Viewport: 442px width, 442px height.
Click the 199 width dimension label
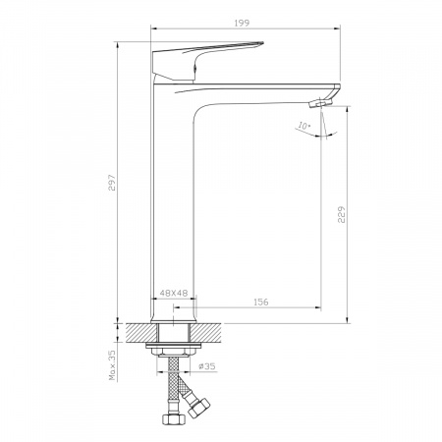click(242, 23)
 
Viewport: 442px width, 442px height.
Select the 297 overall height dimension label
click(112, 183)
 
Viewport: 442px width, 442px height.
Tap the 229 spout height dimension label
click(342, 214)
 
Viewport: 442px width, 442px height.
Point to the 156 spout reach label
click(261, 302)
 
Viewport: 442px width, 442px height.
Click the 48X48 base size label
click(174, 293)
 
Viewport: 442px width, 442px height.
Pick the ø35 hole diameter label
click(207, 366)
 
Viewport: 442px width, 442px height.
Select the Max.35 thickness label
click(112, 365)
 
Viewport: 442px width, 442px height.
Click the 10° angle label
click(304, 126)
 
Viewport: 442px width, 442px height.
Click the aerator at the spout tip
click(321, 103)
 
